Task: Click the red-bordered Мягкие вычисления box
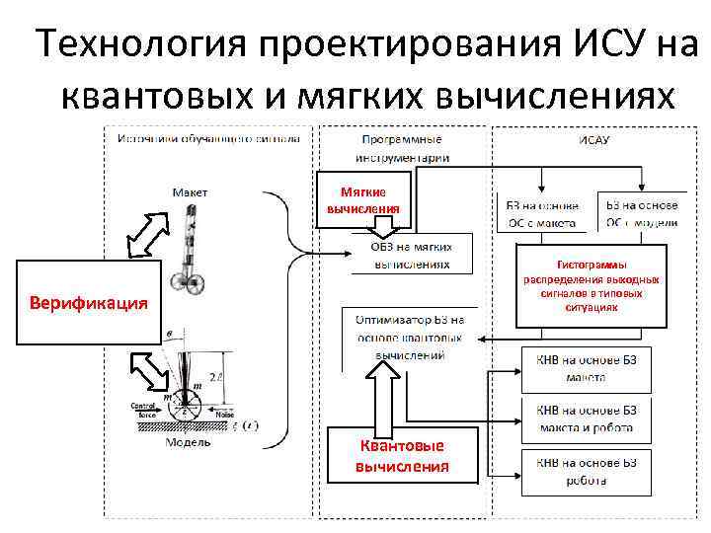[x=364, y=200]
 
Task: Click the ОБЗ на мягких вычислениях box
[x=411, y=255]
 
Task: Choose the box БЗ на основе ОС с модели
[x=642, y=213]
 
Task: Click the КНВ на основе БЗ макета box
[x=586, y=367]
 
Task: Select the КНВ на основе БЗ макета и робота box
[x=586, y=419]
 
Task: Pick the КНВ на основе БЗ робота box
[x=586, y=471]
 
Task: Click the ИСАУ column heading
[x=593, y=140]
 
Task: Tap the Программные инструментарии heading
[x=402, y=148]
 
